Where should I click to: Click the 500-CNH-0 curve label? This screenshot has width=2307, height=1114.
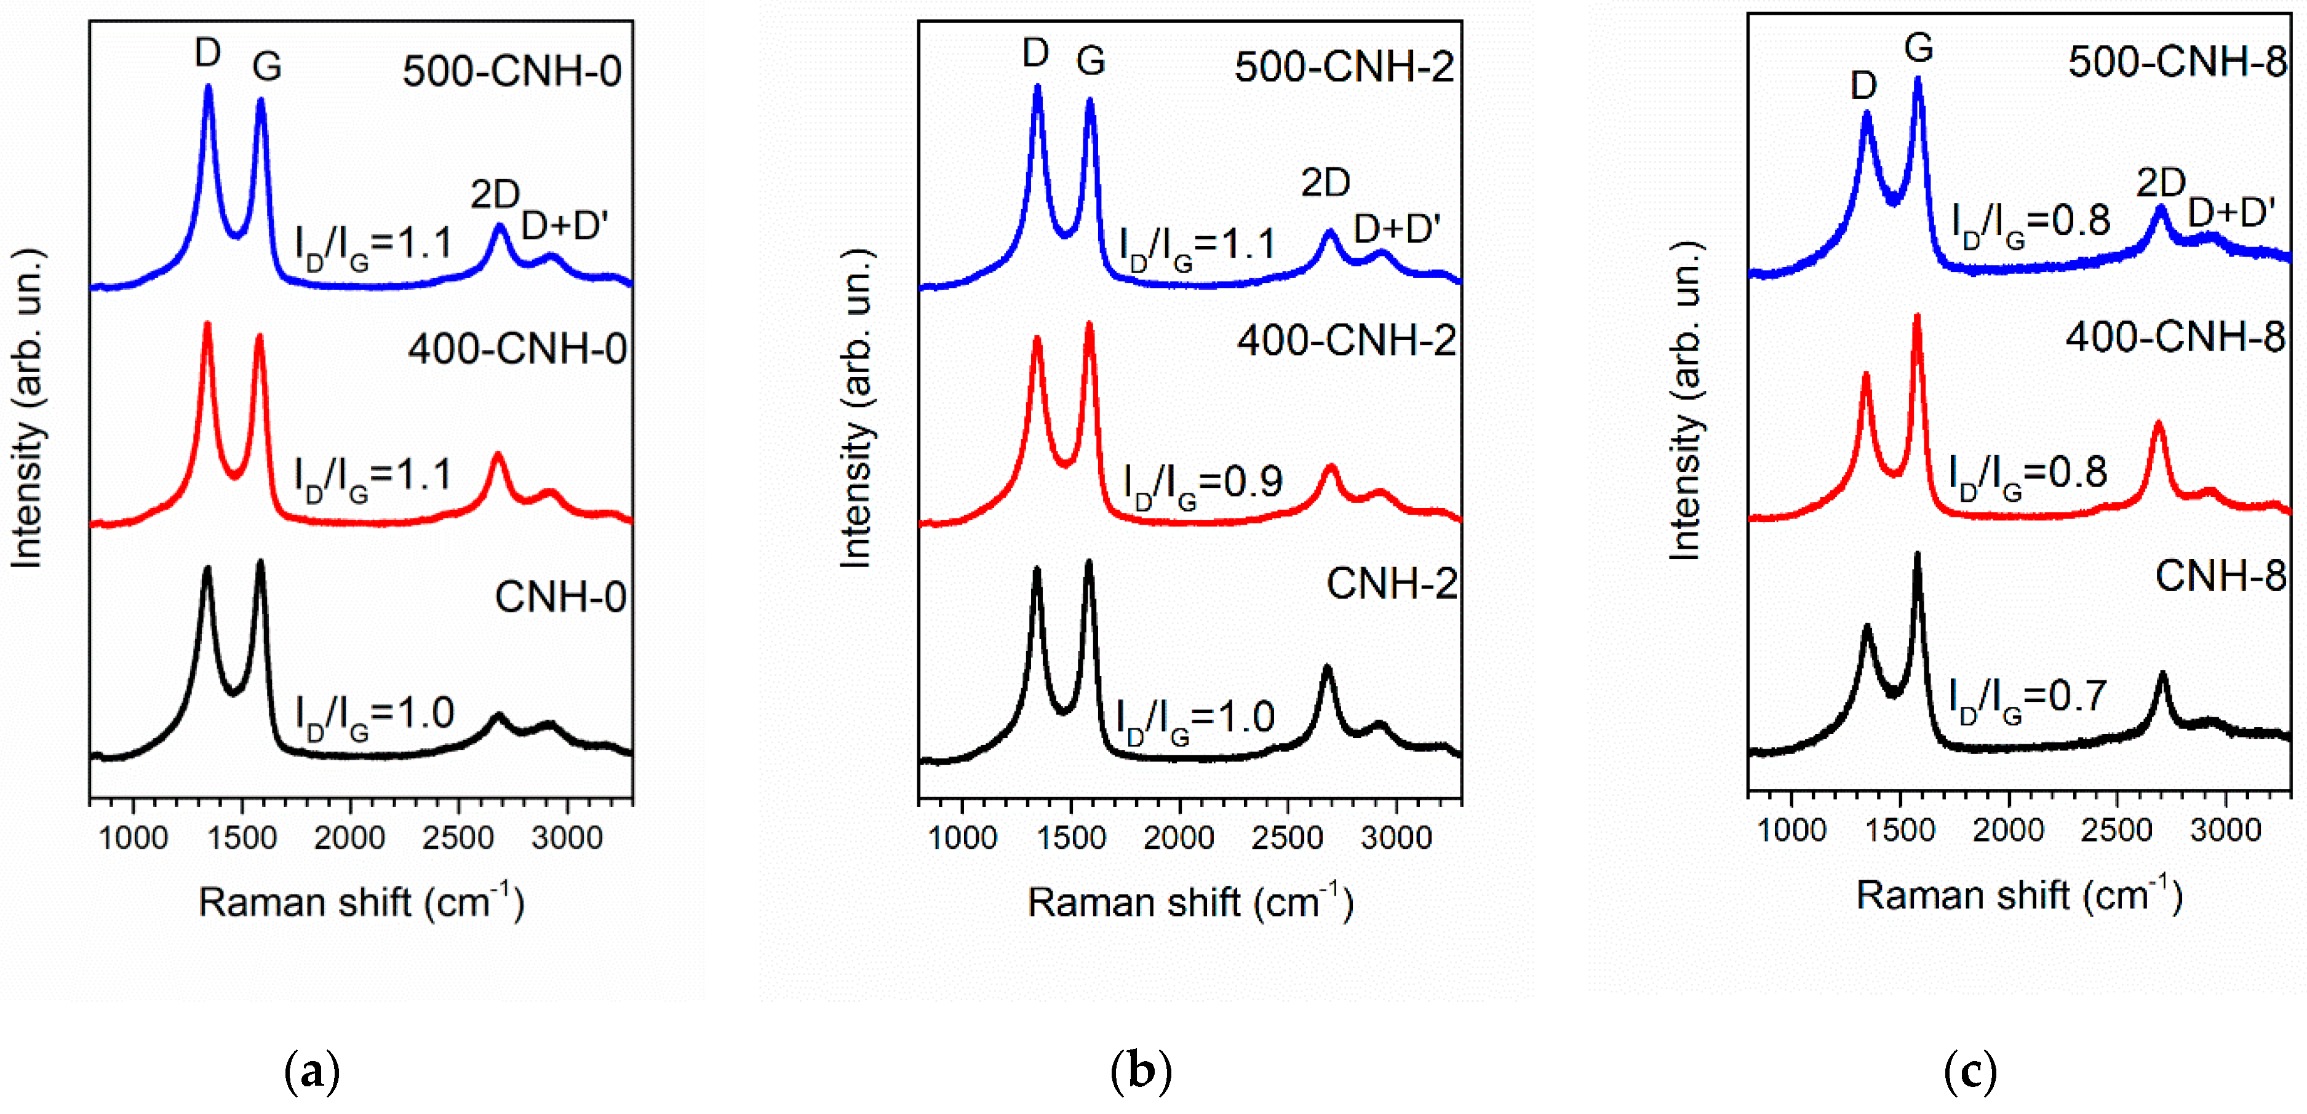pos(511,71)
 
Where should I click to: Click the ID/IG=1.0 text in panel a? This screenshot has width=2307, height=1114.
pos(375,715)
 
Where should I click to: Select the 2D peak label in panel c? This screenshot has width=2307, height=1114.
pos(2160,183)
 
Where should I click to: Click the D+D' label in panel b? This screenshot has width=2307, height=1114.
pos(1397,230)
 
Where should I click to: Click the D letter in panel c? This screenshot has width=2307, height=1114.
pos(1863,86)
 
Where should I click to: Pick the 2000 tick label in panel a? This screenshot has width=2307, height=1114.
pos(349,838)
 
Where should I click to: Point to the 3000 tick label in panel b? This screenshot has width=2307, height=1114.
pos(1395,838)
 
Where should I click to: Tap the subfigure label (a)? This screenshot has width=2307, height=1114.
pos(312,1071)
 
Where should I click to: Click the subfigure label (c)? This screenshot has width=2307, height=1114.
pos(1970,1071)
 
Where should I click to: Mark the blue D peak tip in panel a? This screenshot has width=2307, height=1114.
pos(209,87)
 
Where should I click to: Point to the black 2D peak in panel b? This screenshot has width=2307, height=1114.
pos(1326,667)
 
